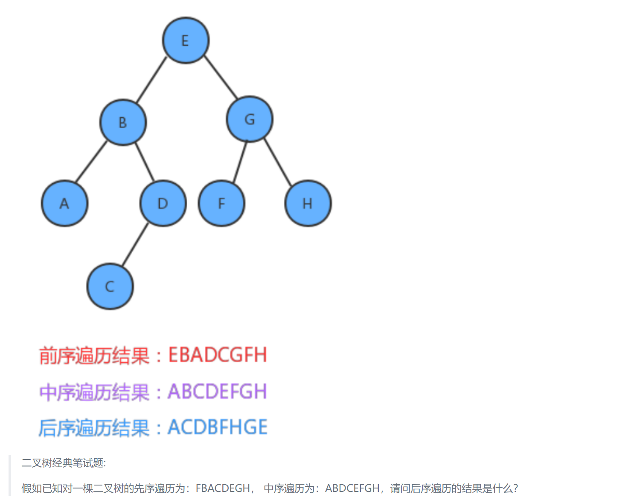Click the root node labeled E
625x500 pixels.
click(186, 40)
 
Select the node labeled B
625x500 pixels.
click(123, 122)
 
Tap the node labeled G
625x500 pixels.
click(250, 119)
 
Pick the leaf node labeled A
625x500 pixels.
click(64, 203)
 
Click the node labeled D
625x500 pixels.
click(163, 203)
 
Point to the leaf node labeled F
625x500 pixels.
click(221, 203)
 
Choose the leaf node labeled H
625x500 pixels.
click(308, 203)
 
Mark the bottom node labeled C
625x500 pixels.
click(110, 286)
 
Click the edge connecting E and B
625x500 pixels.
click(151, 79)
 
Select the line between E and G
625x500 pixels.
click(220, 77)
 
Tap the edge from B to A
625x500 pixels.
click(91, 162)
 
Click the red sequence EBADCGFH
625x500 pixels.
click(218, 355)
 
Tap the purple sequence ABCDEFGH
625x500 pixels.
click(217, 391)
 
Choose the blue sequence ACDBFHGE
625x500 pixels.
click(218, 427)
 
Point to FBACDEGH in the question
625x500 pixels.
click(223, 488)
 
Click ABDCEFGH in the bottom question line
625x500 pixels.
click(352, 488)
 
